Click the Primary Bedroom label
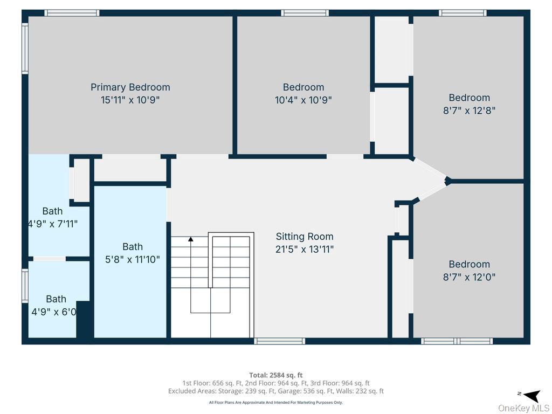(x=130, y=87)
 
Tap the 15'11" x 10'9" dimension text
(x=130, y=100)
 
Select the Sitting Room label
(x=305, y=236)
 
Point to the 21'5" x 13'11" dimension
(x=305, y=249)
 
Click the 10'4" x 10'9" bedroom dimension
(x=303, y=100)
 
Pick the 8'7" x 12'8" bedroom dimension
(x=470, y=111)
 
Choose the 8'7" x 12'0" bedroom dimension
(x=470, y=277)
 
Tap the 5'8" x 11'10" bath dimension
(x=133, y=259)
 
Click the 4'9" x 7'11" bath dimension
(x=53, y=224)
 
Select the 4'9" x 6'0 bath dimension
(x=54, y=312)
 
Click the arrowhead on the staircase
(x=191, y=239)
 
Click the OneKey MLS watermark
(x=523, y=408)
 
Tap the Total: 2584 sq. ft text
(x=276, y=375)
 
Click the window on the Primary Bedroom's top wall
(x=72, y=13)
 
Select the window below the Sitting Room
(x=280, y=341)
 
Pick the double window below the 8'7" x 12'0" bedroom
(x=457, y=341)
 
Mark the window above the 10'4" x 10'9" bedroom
(x=305, y=13)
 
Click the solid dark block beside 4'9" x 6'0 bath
(x=85, y=320)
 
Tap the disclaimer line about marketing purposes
(x=276, y=402)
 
